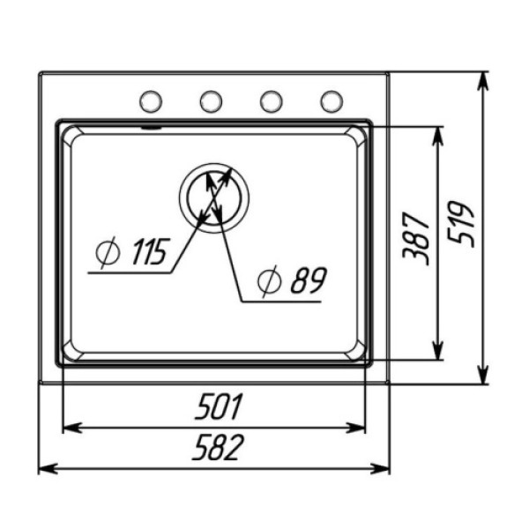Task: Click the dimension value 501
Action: point(219,406)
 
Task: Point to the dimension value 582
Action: point(218,447)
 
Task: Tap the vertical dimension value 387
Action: point(416,239)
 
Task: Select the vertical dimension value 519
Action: point(461,224)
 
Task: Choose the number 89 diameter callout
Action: point(309,280)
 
